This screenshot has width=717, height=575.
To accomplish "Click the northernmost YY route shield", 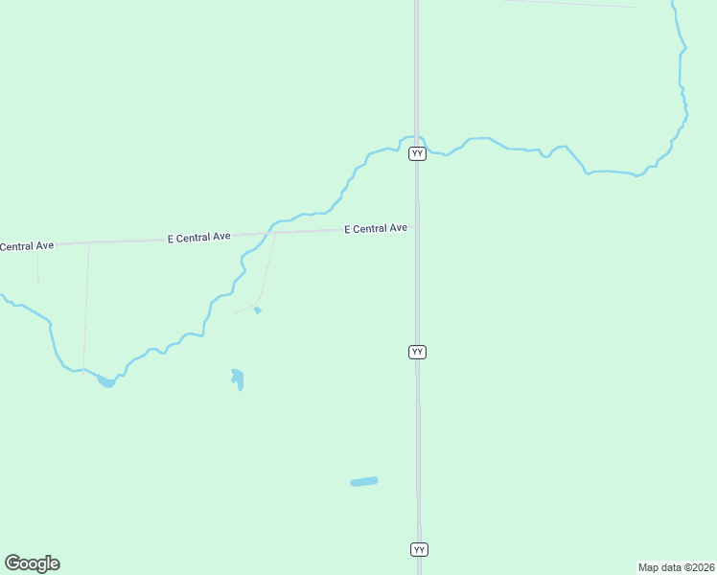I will click(417, 153).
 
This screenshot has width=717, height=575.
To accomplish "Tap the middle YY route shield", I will click(417, 352).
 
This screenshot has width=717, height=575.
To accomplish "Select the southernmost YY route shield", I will click(419, 549).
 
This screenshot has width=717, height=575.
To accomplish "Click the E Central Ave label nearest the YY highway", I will click(376, 228).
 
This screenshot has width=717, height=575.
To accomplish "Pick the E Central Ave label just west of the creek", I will click(199, 237).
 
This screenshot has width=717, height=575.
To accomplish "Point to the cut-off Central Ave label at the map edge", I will click(26, 246).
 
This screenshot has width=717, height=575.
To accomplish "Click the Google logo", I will click(32, 563).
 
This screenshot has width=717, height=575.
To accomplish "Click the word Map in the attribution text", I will click(649, 567).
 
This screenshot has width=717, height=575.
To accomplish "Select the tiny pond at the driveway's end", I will click(257, 310).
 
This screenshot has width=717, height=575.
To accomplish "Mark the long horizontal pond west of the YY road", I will click(364, 481).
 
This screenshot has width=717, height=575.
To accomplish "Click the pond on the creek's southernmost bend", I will click(106, 381).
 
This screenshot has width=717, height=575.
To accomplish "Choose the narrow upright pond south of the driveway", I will click(238, 379).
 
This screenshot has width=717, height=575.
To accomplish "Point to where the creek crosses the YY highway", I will click(416, 138).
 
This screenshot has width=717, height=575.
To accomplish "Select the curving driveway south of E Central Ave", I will click(266, 278).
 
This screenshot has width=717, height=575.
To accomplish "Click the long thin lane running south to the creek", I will click(86, 307).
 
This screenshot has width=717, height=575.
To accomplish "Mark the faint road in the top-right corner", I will click(575, 4).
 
